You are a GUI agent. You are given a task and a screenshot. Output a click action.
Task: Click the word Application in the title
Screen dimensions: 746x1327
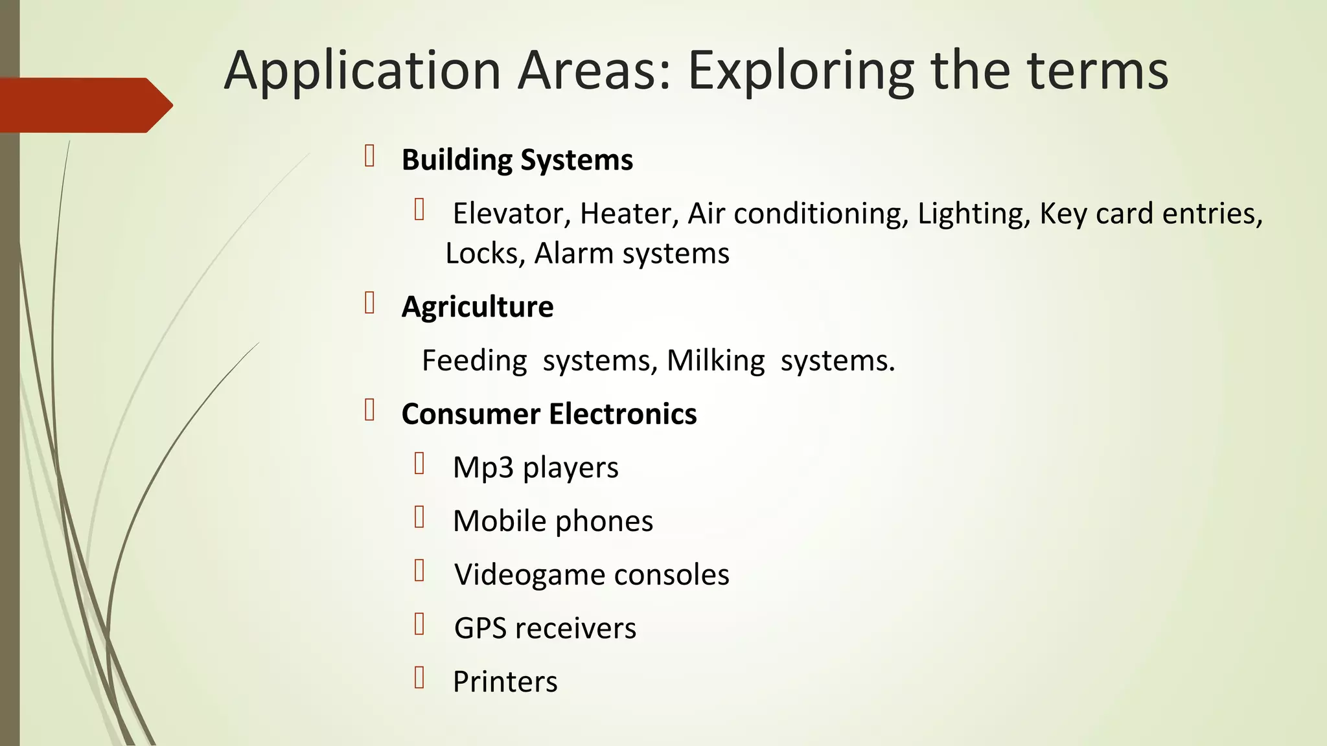[x=362, y=71]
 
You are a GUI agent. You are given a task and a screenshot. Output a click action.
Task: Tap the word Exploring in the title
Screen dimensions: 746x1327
[x=800, y=71]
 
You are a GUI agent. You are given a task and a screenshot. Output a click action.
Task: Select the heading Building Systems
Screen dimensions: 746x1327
[x=517, y=160]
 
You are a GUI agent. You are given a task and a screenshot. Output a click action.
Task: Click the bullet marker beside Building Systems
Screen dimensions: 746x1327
[x=370, y=157]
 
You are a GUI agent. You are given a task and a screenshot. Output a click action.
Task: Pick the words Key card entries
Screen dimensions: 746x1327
[x=1151, y=214]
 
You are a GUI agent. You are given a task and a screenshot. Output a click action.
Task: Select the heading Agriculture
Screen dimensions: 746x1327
[x=478, y=307]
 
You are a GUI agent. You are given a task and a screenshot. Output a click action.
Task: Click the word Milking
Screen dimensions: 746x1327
[x=715, y=361]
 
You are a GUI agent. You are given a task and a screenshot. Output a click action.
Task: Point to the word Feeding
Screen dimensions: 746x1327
[x=474, y=361]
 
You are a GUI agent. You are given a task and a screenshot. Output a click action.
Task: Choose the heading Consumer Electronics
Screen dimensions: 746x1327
[x=549, y=414]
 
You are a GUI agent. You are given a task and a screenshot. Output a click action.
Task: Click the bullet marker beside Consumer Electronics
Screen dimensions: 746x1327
[x=370, y=411]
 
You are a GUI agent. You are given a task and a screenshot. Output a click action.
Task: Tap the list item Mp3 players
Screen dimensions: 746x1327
[x=535, y=468]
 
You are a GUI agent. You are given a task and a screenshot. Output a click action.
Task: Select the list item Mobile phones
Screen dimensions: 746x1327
[x=553, y=521]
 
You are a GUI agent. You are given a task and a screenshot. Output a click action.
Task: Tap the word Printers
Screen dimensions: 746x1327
[x=505, y=682]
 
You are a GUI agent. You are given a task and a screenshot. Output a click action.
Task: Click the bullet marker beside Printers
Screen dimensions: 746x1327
[x=419, y=677]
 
